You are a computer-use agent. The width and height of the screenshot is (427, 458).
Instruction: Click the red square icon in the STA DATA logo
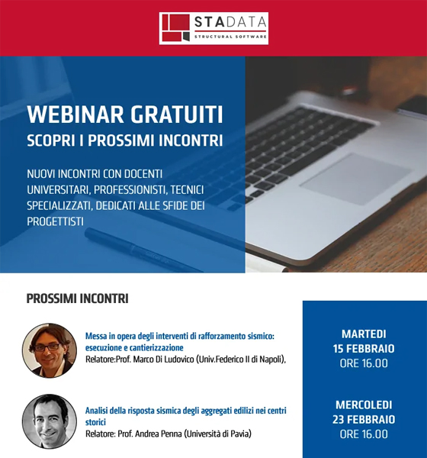tap(176, 28)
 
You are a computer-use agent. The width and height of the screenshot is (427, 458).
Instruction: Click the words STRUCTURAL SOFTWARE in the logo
tap(230, 37)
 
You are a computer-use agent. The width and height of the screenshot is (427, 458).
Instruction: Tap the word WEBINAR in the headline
tap(75, 114)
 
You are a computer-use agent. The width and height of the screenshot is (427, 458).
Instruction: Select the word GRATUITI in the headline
tap(177, 114)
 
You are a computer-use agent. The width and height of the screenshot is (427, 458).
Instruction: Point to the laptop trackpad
tap(355, 178)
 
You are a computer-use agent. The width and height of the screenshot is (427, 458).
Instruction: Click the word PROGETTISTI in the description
tap(56, 221)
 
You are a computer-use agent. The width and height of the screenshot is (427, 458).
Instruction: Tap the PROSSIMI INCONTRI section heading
tap(77, 298)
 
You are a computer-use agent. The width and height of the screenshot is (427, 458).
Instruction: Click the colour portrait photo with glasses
tap(50, 350)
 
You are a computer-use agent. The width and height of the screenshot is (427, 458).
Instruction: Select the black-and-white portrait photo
tap(50, 421)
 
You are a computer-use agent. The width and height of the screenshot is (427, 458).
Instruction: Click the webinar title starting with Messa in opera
tap(180, 342)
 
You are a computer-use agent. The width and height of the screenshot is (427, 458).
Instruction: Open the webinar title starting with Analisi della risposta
tap(186, 416)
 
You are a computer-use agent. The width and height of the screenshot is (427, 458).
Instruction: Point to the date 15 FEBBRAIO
tap(364, 349)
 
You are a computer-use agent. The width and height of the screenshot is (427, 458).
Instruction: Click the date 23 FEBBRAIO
tap(364, 419)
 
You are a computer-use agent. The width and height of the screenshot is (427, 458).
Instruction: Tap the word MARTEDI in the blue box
tap(364, 334)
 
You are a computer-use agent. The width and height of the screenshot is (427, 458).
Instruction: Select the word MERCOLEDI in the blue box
tap(364, 405)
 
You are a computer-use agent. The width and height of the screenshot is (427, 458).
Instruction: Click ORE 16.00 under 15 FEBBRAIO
tap(364, 363)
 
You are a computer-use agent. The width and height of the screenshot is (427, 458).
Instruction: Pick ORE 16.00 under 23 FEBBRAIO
tap(364, 434)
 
